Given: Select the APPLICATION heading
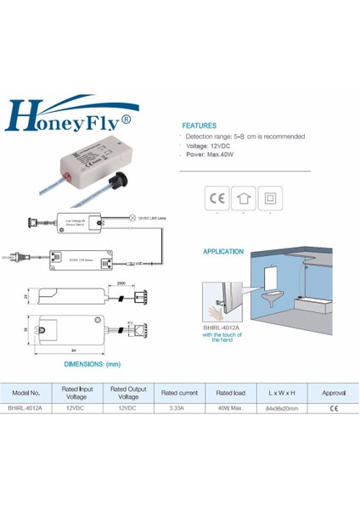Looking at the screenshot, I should tap(223, 252).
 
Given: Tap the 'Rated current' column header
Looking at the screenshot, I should tap(179, 393).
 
